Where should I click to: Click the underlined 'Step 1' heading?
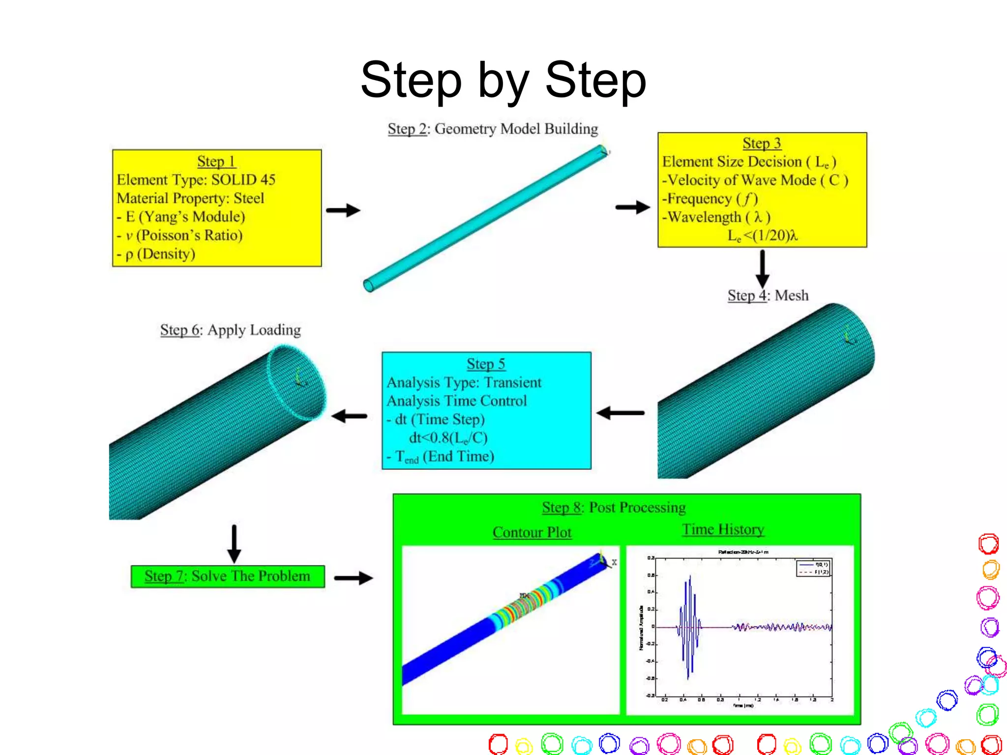pos(216,161)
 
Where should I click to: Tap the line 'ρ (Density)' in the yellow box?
pos(160,254)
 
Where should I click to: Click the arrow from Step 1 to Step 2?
pos(343,210)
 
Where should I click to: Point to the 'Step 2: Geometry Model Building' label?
pos(493,129)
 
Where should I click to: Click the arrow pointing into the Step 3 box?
pos(633,207)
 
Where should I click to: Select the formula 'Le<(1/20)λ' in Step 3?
pos(762,236)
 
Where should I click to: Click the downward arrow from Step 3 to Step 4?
pos(762,268)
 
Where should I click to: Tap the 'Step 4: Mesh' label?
pos(768,295)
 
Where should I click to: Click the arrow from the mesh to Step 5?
pos(621,413)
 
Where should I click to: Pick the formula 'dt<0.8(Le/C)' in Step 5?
pos(448,437)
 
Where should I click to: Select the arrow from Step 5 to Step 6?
pos(349,416)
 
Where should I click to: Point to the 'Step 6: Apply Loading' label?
pos(230,330)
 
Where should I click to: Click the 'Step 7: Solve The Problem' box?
pos(228,576)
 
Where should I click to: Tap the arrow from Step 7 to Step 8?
pos(354,578)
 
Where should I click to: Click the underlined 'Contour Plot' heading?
pos(532,532)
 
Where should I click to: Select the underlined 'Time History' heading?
pos(723,529)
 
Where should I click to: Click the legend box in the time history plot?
pos(813,568)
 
